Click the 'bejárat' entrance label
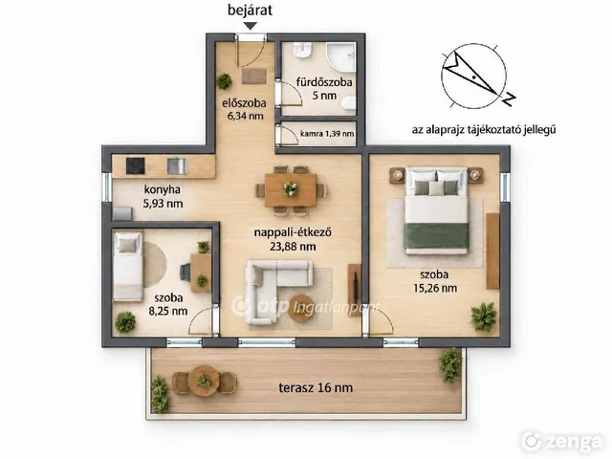click(x=250, y=11)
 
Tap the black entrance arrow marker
click(x=251, y=26)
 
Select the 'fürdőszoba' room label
click(x=324, y=82)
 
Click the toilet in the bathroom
click(x=348, y=103)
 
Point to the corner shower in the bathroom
click(x=340, y=56)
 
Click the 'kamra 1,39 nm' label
click(x=327, y=134)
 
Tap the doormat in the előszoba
click(x=254, y=76)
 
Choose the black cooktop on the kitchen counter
click(x=135, y=165)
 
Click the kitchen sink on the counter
click(x=177, y=165)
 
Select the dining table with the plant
click(x=291, y=190)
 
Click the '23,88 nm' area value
click(x=293, y=247)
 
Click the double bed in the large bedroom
click(x=436, y=210)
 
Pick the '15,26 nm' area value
click(x=435, y=288)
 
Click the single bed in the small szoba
click(x=127, y=266)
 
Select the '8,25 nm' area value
click(x=168, y=311)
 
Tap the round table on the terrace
click(x=204, y=381)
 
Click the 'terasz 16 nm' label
click(x=316, y=387)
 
